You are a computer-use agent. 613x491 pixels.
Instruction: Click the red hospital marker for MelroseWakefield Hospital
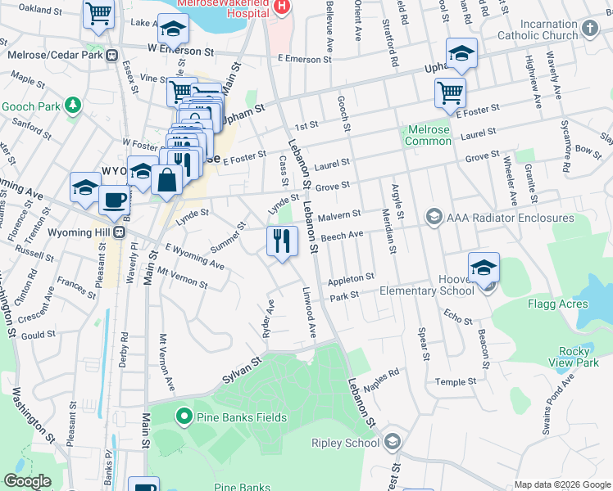tap(282, 6)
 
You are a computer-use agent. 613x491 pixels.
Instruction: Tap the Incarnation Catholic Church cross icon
tap(590, 30)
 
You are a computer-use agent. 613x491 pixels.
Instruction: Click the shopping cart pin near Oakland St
tap(98, 14)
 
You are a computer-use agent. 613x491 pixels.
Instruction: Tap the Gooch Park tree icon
tap(73, 106)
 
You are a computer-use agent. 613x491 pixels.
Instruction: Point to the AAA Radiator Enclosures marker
tap(433, 218)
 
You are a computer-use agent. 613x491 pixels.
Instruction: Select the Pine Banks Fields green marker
tap(185, 417)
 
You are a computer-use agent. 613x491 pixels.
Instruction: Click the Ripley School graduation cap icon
tap(392, 443)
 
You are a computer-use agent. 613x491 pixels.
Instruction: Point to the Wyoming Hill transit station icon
tap(119, 232)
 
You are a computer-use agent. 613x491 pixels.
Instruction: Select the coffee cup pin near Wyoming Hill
tap(115, 199)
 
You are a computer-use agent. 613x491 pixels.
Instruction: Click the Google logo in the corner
tap(27, 481)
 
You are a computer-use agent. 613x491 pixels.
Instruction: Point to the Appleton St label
tap(351, 279)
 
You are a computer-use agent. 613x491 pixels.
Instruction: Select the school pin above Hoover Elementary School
tap(484, 268)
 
